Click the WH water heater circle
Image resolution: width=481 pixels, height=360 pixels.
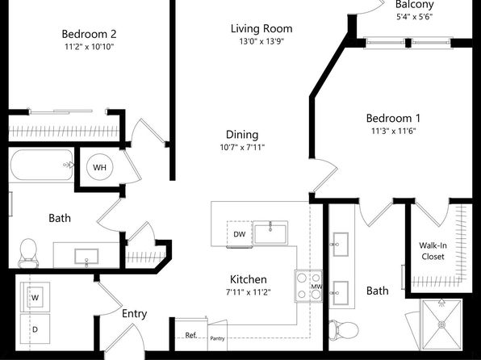[100, 167]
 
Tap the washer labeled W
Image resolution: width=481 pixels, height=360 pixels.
[35, 297]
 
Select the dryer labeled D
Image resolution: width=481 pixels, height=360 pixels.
[35, 329]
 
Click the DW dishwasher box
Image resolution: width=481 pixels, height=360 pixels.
[239, 234]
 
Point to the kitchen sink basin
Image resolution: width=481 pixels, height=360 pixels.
[270, 233]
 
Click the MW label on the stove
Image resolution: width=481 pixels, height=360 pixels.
[316, 287]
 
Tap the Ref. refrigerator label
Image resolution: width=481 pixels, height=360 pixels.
[190, 335]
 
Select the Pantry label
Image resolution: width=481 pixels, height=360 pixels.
[217, 338]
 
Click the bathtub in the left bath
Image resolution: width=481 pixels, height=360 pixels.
[41, 165]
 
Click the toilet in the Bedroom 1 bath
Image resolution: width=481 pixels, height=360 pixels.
[344, 330]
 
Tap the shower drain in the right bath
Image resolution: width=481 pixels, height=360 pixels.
[442, 324]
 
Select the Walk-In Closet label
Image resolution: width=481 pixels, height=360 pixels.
[433, 251]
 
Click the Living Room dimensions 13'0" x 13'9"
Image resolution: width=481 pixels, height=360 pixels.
[261, 41]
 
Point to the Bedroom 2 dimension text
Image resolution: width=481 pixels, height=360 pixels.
[90, 47]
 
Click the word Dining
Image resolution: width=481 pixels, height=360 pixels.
[242, 135]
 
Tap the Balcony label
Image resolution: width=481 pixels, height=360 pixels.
[415, 5]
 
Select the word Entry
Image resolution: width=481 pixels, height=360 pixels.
[134, 314]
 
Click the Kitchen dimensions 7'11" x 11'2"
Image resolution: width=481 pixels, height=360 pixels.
[249, 292]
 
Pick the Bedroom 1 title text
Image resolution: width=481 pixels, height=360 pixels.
[393, 118]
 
